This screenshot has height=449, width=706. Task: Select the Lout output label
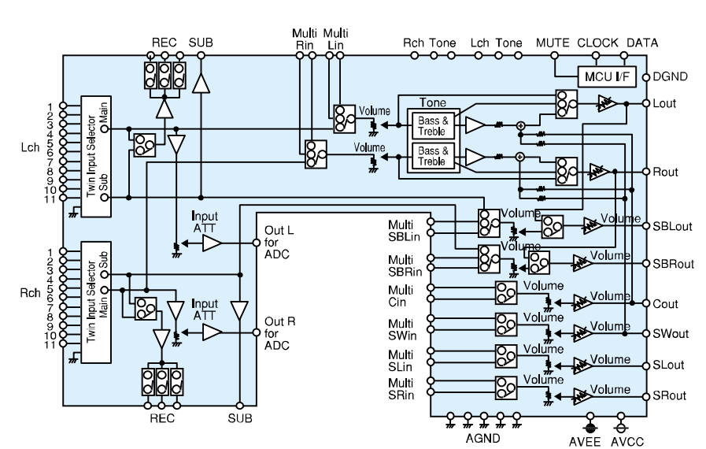tap(665, 103)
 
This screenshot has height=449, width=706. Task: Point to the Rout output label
tap(666, 171)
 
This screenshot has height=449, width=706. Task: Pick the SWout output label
tap(669, 333)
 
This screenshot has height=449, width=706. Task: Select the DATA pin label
tap(642, 43)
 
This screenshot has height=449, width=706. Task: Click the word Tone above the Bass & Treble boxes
tap(432, 102)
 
